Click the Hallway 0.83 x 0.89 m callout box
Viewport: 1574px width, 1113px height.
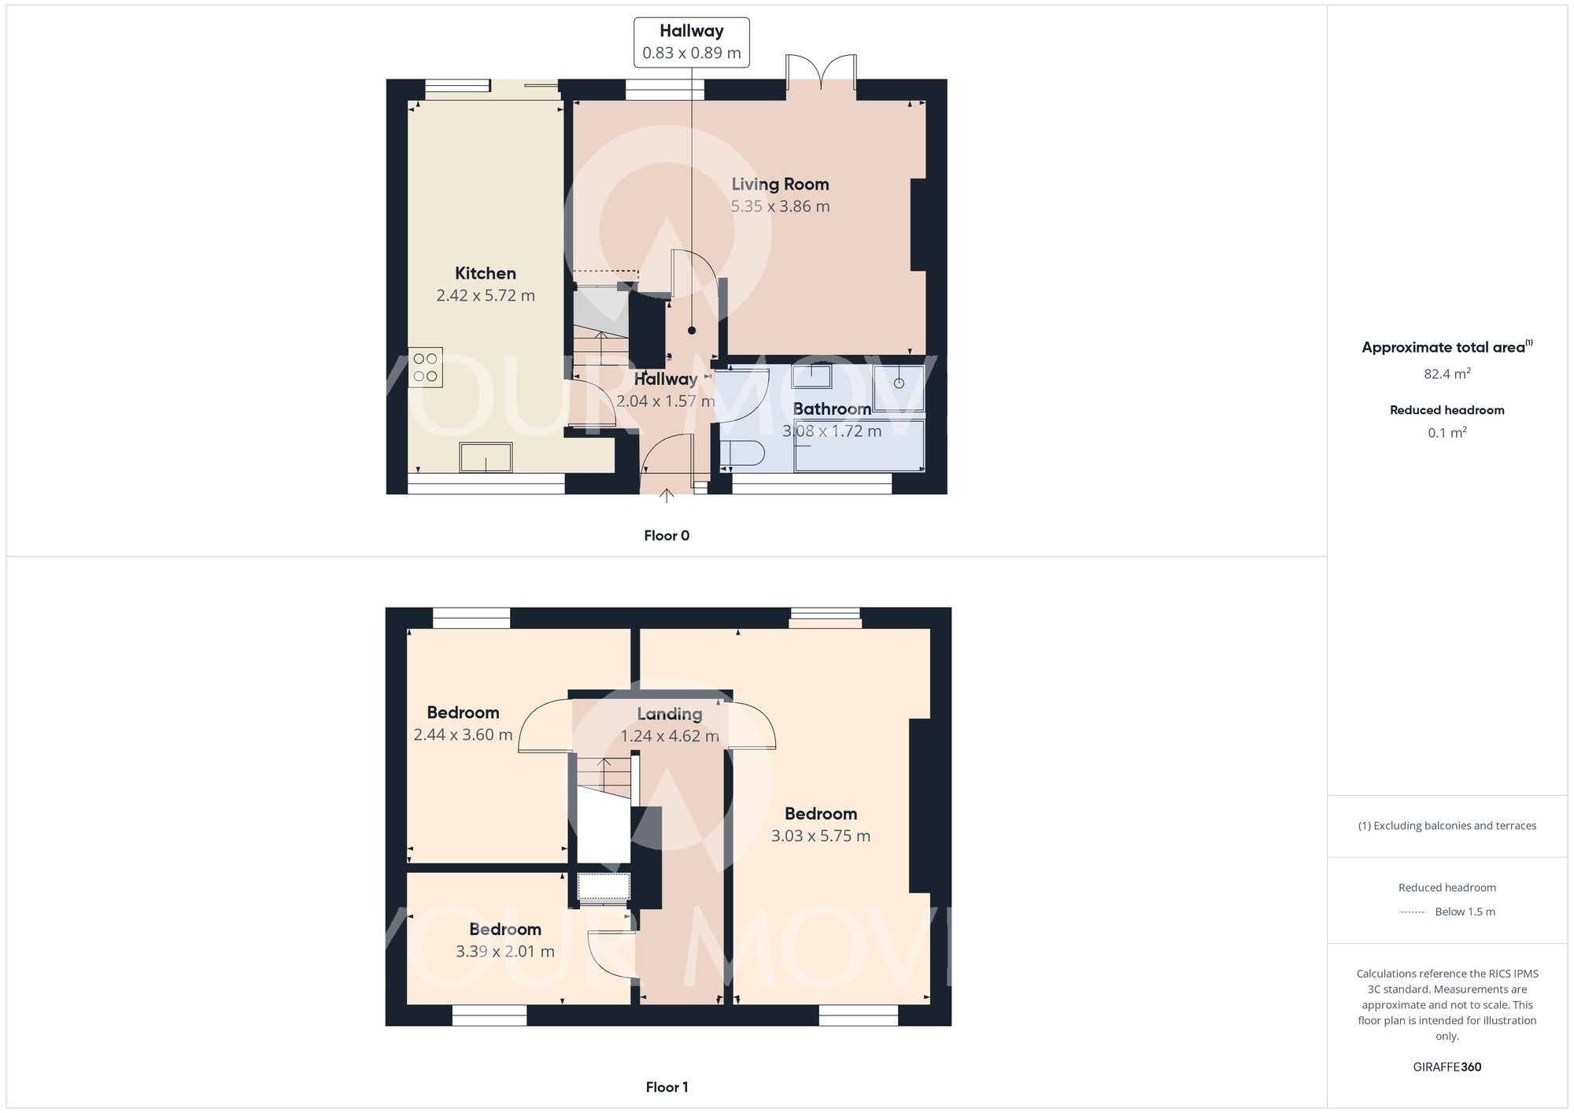(691, 43)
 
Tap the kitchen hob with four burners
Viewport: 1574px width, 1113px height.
(425, 368)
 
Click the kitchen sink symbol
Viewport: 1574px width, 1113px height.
(486, 457)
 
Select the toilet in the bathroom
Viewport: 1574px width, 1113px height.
(741, 454)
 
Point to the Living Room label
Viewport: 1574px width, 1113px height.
(780, 184)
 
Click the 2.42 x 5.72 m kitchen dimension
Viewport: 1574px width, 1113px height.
(486, 296)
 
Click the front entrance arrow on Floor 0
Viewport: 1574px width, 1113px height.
(667, 495)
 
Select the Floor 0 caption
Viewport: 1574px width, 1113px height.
(667, 536)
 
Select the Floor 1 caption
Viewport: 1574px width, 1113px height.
(667, 1087)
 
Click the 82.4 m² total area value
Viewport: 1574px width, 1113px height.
(1447, 374)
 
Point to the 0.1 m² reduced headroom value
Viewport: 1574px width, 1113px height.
(1447, 433)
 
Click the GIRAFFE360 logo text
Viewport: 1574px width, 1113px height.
(1447, 1067)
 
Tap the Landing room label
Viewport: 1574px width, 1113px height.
(670, 714)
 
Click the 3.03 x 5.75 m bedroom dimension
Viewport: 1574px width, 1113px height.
(821, 836)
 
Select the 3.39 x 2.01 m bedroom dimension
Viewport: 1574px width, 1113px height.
(505, 952)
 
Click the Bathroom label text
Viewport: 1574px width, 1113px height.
(832, 409)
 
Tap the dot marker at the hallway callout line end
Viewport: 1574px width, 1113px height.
(692, 331)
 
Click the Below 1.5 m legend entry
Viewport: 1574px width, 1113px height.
(1465, 911)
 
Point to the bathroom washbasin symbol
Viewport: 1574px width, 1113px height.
(811, 376)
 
